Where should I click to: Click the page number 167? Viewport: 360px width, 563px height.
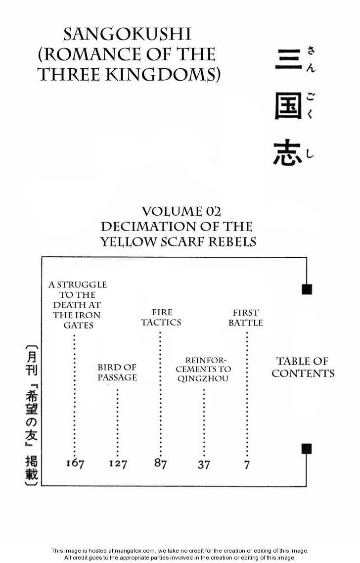click(x=75, y=464)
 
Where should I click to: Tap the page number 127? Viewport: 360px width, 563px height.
click(x=118, y=464)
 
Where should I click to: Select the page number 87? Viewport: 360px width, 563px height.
click(x=160, y=464)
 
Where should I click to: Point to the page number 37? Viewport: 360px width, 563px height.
click(x=204, y=465)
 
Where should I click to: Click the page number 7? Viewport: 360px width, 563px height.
click(x=247, y=465)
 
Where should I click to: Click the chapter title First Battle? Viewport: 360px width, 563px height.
click(x=246, y=318)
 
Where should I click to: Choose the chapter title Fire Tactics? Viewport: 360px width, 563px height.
click(x=161, y=317)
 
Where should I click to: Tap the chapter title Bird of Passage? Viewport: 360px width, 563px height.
click(x=117, y=372)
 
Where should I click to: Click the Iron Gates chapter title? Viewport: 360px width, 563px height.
click(x=78, y=305)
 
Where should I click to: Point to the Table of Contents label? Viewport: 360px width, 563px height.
click(x=303, y=367)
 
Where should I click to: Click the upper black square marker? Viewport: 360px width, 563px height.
click(x=307, y=289)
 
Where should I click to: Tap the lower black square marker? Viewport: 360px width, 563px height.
click(x=307, y=449)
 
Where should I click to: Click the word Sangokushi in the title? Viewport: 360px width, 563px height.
click(x=128, y=35)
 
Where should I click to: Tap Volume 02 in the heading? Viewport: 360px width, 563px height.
click(x=181, y=211)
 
